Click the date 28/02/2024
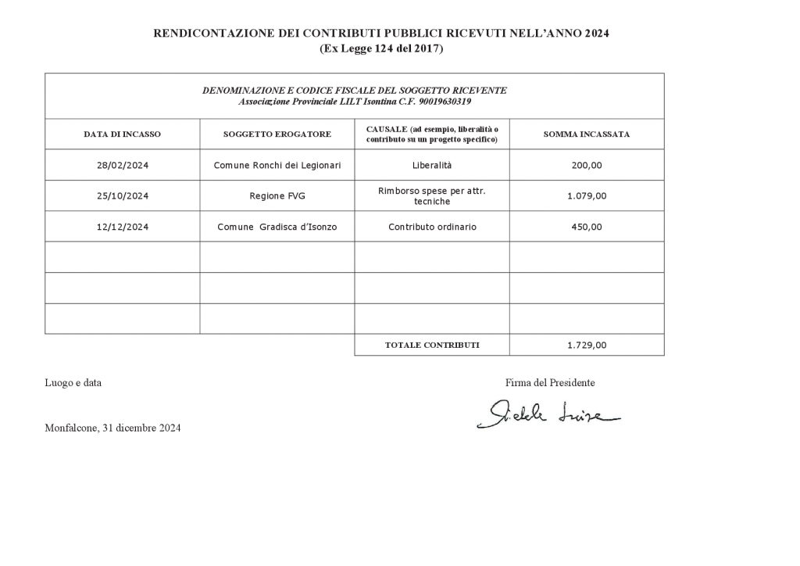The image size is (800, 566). pos(122,166)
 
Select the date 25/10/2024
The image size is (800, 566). pos(122,196)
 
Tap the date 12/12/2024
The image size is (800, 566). pos(122,227)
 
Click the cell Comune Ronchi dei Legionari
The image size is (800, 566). pos(277,166)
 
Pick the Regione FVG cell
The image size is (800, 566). pos(277,196)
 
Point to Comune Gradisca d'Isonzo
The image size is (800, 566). pos(277,227)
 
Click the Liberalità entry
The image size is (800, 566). pos(432,166)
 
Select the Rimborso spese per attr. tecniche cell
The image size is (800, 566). pos(432,196)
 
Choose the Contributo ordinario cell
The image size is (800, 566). pos(432,227)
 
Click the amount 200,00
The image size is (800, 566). pos(587,166)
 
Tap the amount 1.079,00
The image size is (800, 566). pos(587,196)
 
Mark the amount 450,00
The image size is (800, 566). pos(587,227)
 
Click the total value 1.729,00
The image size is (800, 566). pos(587,345)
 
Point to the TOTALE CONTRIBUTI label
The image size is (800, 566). pos(432,345)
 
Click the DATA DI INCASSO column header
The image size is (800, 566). pos(122,134)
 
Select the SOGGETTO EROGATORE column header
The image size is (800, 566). pos(277,134)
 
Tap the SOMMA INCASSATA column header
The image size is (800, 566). pos(587,134)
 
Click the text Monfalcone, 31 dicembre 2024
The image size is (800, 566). pos(113,428)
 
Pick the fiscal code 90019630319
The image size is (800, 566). pos(445,102)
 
